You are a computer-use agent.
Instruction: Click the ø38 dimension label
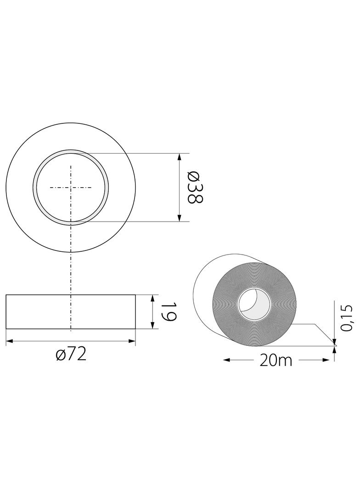coord(195,187)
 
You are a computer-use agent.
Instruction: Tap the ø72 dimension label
coord(71,355)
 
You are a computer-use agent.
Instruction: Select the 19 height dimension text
coord(169,311)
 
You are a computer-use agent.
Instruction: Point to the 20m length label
coord(276,361)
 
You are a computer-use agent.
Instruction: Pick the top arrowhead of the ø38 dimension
coord(179,157)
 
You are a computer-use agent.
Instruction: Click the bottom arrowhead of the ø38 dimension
coord(179,218)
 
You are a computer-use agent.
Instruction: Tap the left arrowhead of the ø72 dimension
coord(10,341)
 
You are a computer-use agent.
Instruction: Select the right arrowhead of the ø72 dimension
coord(132,341)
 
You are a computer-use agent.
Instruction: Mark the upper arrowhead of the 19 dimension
coord(152,298)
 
